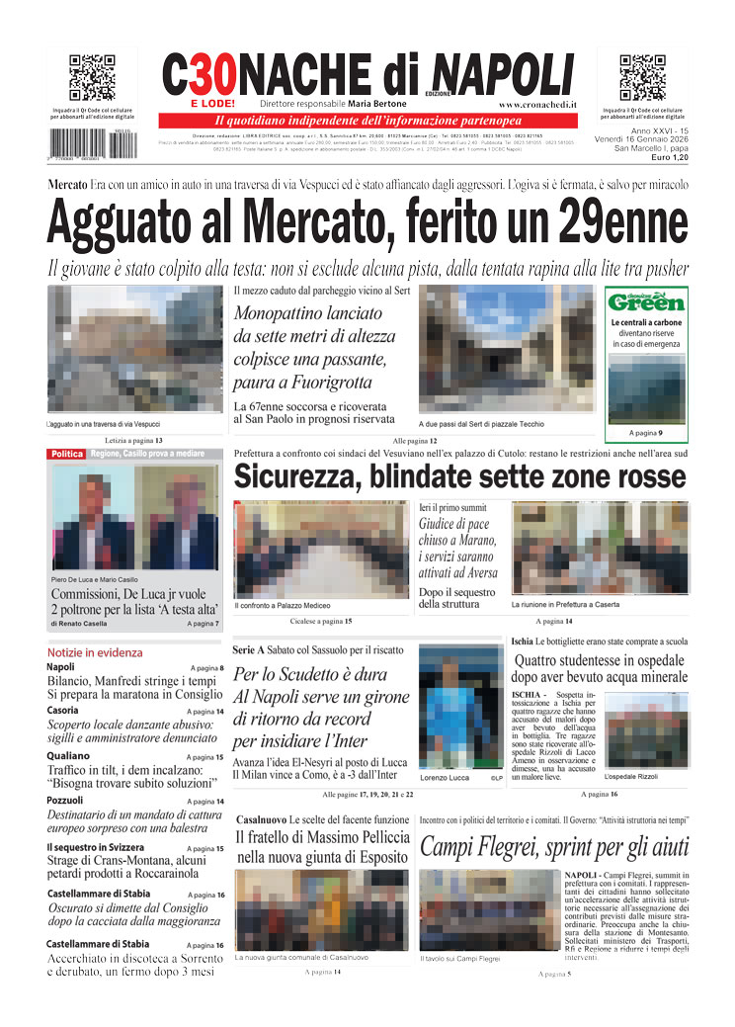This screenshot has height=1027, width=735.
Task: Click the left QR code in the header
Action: (92, 78)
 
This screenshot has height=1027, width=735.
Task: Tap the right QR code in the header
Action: (642, 78)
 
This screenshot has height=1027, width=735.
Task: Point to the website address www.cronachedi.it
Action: (537, 104)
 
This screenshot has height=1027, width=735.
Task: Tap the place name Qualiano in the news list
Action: (68, 757)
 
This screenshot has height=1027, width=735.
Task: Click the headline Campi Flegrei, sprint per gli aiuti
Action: (553, 846)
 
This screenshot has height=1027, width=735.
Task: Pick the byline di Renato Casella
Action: (87, 624)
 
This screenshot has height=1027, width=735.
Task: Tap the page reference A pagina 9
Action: (646, 433)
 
